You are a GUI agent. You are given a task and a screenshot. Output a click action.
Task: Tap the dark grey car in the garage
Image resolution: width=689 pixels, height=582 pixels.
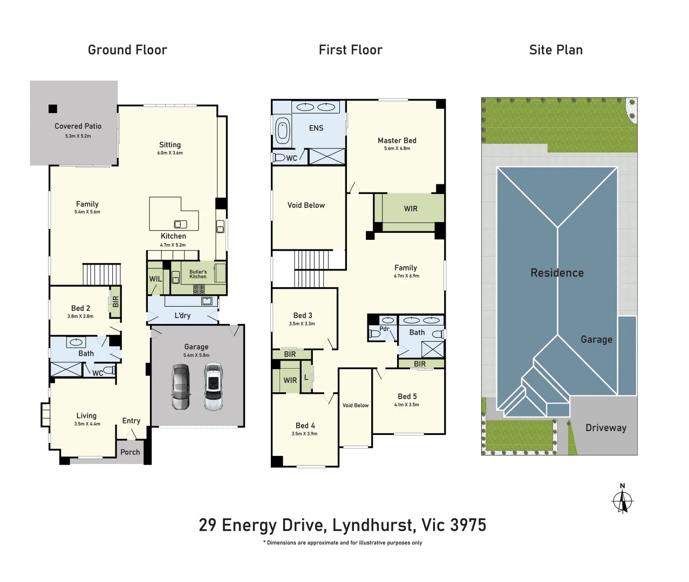pos(180,386)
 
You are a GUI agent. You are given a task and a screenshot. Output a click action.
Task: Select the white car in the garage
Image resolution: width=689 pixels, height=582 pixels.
pos(213,386)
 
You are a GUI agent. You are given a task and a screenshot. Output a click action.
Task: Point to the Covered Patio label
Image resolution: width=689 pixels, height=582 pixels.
pos(78,126)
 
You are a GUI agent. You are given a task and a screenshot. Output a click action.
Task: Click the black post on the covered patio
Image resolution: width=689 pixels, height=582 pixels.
pos(53,109)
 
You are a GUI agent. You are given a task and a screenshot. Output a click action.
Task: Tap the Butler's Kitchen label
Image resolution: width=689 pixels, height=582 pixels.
pos(198,274)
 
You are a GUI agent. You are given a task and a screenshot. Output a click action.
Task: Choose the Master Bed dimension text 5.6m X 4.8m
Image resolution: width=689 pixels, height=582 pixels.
pos(397,149)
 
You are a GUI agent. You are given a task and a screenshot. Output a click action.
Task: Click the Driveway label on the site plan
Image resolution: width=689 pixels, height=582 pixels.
pos(606,428)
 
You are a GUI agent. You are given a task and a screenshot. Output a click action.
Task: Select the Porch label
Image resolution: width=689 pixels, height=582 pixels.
pos(130,452)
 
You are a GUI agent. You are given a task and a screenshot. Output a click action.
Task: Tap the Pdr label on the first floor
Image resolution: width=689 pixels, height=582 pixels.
pos(384,329)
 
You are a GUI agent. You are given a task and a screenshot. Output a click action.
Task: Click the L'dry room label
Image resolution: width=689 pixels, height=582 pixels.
pos(183,315)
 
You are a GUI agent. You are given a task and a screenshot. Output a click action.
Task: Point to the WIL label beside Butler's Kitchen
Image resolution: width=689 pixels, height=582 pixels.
pos(155,279)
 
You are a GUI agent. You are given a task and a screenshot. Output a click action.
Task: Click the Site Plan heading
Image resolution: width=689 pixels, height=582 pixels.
pos(556,50)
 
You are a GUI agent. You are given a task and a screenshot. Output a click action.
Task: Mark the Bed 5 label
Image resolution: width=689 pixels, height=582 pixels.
pos(407,396)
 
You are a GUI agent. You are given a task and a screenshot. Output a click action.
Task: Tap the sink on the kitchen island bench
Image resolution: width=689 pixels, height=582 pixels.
pos(180,224)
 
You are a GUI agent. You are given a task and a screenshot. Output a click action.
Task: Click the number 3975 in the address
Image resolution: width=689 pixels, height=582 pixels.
pos(468,525)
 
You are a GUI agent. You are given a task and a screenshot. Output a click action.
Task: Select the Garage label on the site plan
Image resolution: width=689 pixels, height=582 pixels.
pos(597,339)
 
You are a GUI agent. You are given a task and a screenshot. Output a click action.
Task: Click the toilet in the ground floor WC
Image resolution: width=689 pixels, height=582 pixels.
pos(110,370)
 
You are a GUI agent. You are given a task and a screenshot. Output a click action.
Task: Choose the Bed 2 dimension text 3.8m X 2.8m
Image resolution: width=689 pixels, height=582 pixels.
pos(80,316)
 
